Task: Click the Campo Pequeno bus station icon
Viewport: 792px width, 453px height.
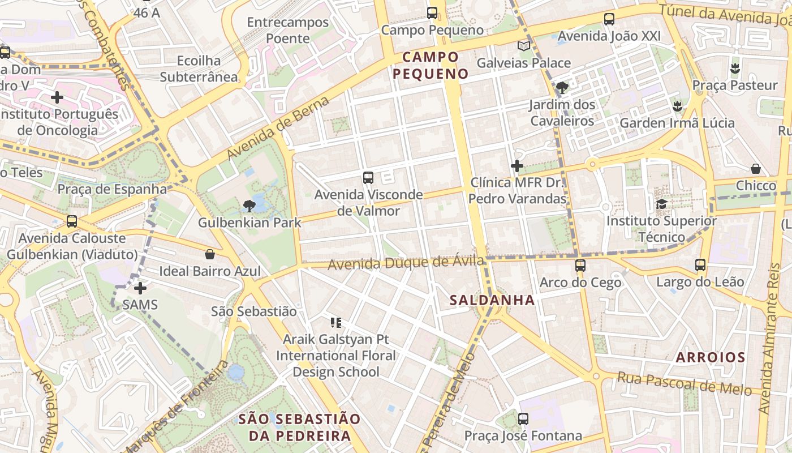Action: pos(432,12)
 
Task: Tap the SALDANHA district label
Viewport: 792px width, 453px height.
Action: pos(492,300)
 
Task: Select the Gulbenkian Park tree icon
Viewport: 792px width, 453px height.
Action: pos(249,206)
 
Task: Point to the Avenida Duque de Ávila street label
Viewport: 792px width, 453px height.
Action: pos(406,263)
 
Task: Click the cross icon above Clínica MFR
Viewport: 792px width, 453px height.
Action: pos(517,166)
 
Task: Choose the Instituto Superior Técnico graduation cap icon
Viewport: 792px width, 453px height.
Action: pos(661,204)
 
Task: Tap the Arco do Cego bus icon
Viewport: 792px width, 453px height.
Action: pos(580,265)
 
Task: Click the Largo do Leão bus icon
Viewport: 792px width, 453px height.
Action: pos(700,264)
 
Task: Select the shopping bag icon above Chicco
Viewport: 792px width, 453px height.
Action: pos(755,169)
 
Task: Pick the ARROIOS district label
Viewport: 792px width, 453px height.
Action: pos(711,357)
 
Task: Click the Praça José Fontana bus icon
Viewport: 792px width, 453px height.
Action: pos(523,419)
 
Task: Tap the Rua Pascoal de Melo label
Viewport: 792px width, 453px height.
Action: pos(684,383)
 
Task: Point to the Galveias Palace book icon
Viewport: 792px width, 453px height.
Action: pos(524,46)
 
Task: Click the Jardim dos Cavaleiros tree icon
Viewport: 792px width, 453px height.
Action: pos(562,88)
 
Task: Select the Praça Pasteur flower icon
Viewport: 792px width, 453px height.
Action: pos(734,69)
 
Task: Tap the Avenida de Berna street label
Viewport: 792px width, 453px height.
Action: pos(278,128)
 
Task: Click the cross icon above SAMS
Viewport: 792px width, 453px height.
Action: pos(140,288)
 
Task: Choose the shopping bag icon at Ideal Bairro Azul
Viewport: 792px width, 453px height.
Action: pos(210,254)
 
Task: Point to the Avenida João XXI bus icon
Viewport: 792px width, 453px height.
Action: pos(609,19)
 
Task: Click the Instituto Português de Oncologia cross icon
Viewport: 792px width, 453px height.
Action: pos(57,97)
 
